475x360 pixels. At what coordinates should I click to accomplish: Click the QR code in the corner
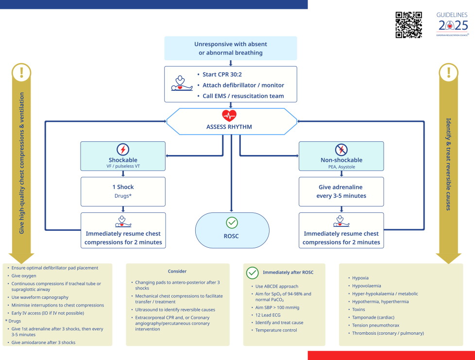click(408, 25)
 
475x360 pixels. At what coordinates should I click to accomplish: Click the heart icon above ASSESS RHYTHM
click(229, 116)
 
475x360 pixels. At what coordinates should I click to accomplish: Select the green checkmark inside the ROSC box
click(232, 223)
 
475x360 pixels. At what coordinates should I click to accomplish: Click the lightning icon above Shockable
click(123, 149)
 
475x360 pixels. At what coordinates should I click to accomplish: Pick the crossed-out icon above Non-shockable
click(341, 149)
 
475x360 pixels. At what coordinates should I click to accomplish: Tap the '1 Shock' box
click(123, 191)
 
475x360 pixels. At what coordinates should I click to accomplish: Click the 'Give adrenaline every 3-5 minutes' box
click(341, 191)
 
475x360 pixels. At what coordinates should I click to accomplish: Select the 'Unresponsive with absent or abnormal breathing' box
click(231, 48)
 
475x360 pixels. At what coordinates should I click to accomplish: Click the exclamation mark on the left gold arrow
click(21, 73)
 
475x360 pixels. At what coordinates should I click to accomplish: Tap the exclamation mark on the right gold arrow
click(448, 73)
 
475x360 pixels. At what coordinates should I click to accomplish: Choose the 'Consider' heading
click(177, 271)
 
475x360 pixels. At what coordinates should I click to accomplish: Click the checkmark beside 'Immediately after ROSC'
click(253, 273)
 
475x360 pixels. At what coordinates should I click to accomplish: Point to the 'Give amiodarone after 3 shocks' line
click(44, 343)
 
